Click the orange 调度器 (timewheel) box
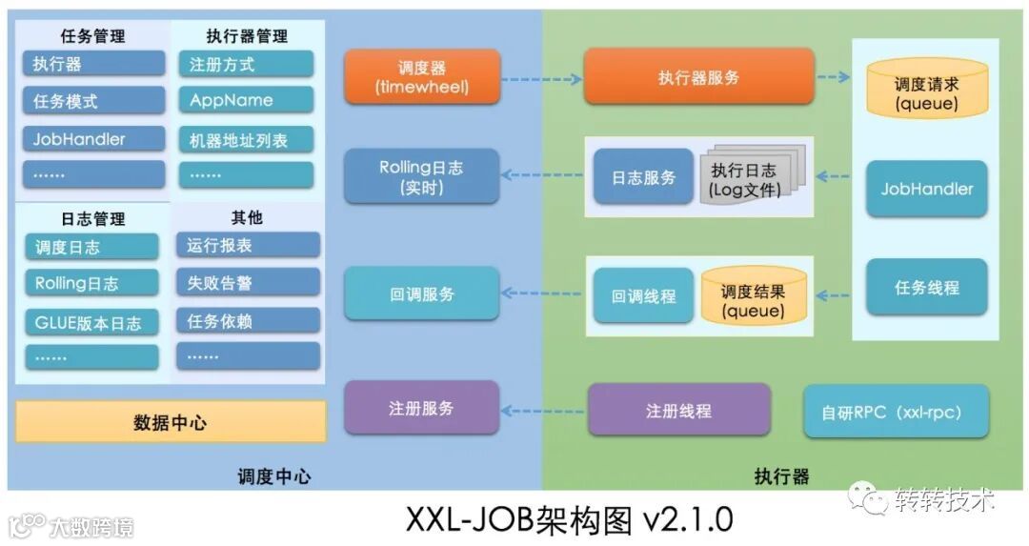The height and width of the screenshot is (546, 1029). [422, 77]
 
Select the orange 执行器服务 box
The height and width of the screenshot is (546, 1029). [698, 77]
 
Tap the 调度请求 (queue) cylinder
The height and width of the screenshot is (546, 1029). [926, 92]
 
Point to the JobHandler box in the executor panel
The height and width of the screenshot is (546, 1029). [926, 189]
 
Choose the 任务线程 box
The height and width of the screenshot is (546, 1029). [926, 287]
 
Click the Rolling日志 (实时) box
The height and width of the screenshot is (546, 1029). [421, 176]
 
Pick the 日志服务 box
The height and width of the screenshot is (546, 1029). [643, 177]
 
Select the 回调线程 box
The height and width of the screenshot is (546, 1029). [643, 295]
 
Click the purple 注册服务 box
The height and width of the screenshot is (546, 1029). [421, 408]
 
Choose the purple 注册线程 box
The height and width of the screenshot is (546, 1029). [678, 411]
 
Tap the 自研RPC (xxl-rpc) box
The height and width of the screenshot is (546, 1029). [896, 412]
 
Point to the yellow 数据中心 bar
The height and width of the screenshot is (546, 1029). [171, 421]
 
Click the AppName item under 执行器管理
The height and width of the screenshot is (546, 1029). [245, 100]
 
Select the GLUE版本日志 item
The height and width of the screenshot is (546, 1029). [91, 322]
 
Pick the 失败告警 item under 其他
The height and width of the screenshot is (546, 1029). [247, 283]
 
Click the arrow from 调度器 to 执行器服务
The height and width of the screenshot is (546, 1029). [541, 78]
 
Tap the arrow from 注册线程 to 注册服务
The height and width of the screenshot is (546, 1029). [541, 411]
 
